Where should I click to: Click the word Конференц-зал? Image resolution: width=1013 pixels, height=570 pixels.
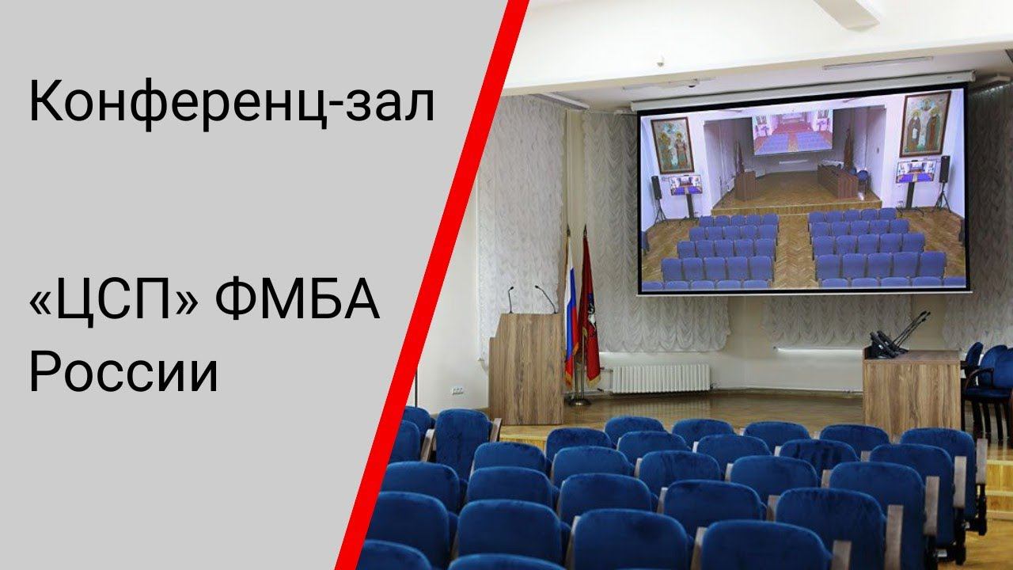[x=231, y=104]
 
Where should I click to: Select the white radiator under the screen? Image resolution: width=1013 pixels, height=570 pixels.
[x=661, y=378]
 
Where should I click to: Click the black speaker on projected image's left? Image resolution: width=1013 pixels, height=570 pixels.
[x=656, y=188]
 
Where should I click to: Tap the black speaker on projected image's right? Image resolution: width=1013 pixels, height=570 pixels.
[x=944, y=169]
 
